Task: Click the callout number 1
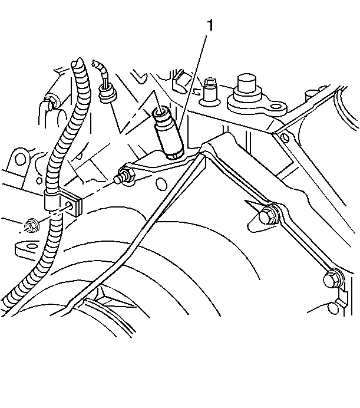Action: pyautogui.click(x=210, y=25)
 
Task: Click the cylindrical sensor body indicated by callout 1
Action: pyautogui.click(x=168, y=133)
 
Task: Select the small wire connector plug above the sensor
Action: pyautogui.click(x=107, y=94)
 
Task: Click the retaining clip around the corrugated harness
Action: pyautogui.click(x=62, y=202)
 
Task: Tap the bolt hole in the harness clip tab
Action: pyautogui.click(x=69, y=204)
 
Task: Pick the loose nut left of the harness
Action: pyautogui.click(x=32, y=226)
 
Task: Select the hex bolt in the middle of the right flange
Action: pyautogui.click(x=269, y=214)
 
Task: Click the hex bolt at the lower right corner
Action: pyautogui.click(x=333, y=278)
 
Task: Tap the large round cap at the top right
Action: pyautogui.click(x=247, y=87)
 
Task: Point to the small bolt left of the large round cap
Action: pyautogui.click(x=210, y=91)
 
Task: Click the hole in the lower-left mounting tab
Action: pyautogui.click(x=31, y=246)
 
